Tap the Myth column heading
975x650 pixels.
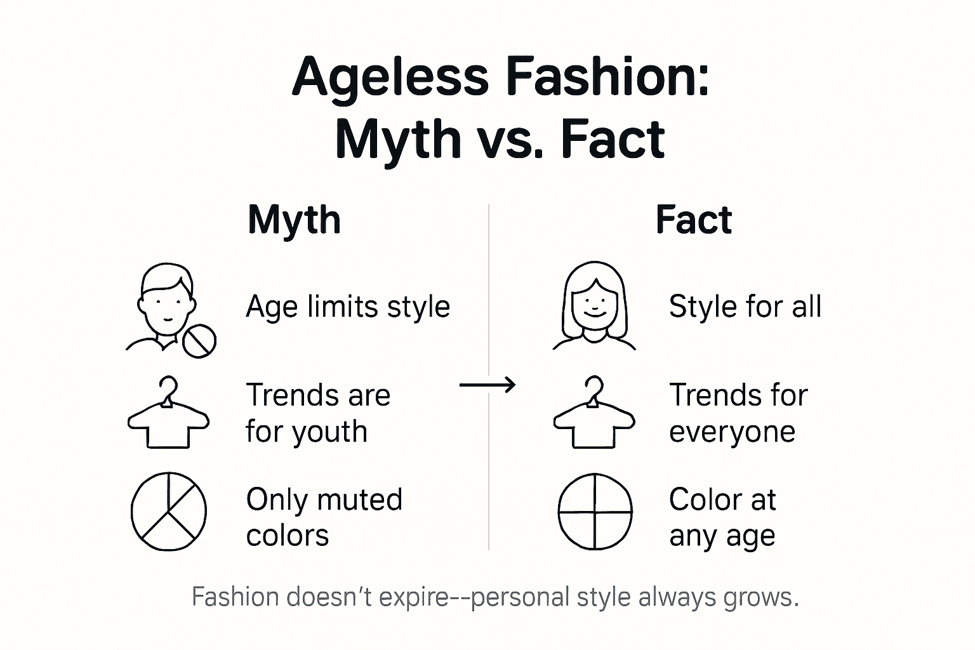click(294, 220)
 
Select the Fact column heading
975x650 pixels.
click(693, 220)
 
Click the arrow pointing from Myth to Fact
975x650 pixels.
click(487, 385)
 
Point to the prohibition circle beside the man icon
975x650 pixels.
click(199, 341)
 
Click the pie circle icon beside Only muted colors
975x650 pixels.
click(169, 511)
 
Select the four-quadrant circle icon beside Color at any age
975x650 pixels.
click(595, 511)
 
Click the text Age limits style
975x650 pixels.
click(348, 307)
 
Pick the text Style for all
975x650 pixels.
click(745, 307)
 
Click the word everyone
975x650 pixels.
click(732, 432)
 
